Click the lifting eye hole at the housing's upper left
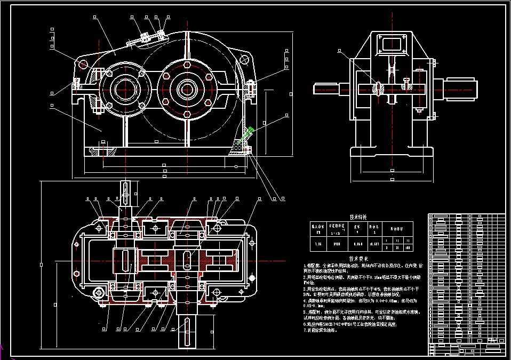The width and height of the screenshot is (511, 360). pos(83,64)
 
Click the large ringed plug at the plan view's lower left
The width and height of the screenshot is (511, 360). pos(99,293)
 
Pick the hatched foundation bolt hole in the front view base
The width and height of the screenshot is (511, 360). pos(101,152)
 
